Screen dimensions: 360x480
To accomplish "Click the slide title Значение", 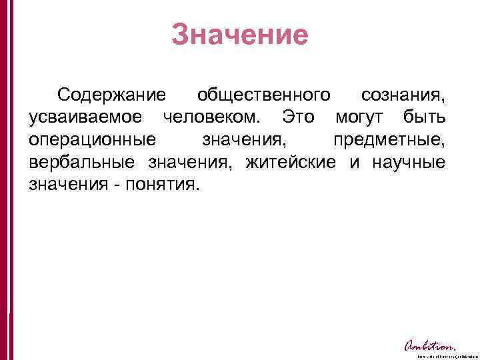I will click(x=240, y=35).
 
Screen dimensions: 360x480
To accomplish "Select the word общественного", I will click(x=265, y=95).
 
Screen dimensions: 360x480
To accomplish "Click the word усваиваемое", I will click(x=85, y=118).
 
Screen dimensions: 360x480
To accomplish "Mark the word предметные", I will click(x=391, y=140).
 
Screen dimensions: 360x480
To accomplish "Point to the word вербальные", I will click(x=83, y=162).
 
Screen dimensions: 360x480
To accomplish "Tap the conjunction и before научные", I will click(x=354, y=162).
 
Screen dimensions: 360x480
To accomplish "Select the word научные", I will click(x=407, y=162).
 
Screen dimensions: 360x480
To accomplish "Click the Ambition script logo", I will click(x=430, y=345).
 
